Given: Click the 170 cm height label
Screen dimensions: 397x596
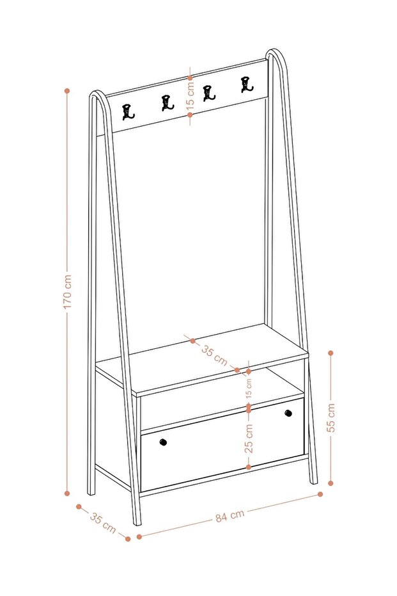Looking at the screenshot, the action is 68,291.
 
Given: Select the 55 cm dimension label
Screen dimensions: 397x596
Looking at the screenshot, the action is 331,417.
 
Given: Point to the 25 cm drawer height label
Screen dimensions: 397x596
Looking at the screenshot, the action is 249,439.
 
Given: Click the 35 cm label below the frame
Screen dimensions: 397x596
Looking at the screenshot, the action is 103,522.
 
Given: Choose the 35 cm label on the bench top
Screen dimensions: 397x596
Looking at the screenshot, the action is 214,355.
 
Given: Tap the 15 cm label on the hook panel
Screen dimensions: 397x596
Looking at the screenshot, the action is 191,96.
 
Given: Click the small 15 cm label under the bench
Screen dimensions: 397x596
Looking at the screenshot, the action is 249,389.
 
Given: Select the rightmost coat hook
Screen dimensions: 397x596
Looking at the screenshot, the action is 247,85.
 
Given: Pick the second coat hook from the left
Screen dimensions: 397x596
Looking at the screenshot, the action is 167,103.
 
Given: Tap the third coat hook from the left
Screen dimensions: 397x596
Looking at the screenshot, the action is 208,93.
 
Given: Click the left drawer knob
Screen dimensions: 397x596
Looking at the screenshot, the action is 163,442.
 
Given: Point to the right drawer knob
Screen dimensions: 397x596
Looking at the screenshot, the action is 288,413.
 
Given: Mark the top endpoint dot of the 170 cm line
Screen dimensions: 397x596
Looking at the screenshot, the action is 67,91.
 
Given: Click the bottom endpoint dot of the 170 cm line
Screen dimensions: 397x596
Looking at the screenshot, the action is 67,494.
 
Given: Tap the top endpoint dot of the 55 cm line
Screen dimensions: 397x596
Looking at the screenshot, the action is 331,353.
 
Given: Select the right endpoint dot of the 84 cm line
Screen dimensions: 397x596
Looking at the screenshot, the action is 320,494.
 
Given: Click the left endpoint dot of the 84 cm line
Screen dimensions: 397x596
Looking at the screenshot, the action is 139,536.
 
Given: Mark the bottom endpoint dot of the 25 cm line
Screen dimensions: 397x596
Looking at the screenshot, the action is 249,467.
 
